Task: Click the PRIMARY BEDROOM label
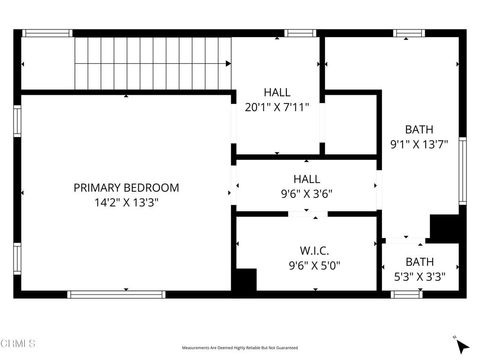point(126,187)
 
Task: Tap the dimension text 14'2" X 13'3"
point(126,202)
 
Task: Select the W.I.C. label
point(314,250)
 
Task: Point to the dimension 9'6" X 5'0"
point(314,265)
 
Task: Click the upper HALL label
point(277,91)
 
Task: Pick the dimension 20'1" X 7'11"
point(277,106)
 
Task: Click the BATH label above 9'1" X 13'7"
point(418,128)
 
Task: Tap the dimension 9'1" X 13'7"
point(418,143)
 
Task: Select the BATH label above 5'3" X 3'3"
point(420,262)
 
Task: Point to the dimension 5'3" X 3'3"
point(420,277)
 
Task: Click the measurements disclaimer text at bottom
point(240,349)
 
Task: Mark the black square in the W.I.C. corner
point(244,281)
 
